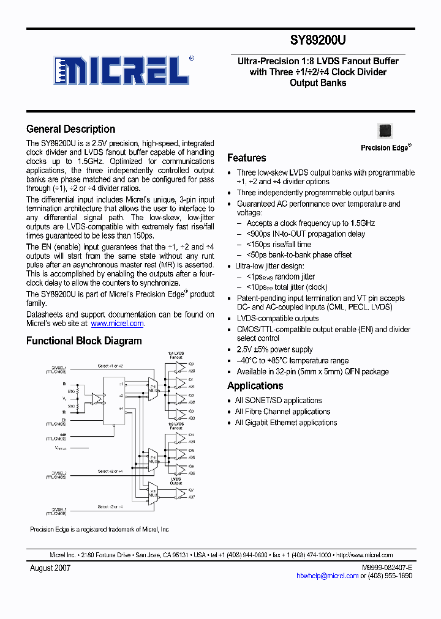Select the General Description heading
[x=70, y=129]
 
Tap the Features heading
[x=246, y=157]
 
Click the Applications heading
[x=255, y=386]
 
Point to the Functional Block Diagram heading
[x=84, y=341]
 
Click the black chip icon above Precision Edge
[x=385, y=130]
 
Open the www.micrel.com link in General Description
[x=117, y=324]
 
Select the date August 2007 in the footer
[x=50, y=568]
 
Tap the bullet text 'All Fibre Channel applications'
[x=282, y=412]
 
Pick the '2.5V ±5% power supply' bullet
[x=274, y=349]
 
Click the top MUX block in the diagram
[x=151, y=389]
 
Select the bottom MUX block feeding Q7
[x=151, y=492]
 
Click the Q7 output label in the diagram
[x=191, y=490]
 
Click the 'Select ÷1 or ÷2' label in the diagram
[x=110, y=366]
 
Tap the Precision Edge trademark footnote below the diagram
[x=99, y=529]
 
